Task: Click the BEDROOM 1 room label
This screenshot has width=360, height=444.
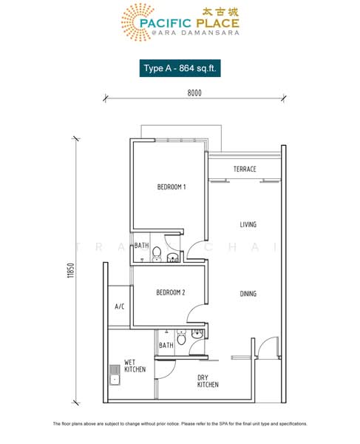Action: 171,187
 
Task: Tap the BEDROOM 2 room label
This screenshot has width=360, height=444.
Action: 170,293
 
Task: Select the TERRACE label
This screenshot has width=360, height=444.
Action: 245,169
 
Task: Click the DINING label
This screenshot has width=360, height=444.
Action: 248,294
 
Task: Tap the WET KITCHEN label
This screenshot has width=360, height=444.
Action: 135,366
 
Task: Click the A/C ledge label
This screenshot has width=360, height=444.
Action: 119,306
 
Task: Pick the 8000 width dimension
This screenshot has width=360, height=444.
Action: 194,93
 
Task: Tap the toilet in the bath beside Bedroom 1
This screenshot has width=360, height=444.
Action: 156,255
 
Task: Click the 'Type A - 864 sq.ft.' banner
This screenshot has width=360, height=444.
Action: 180,67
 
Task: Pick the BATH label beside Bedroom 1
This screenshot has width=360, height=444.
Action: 140,246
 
